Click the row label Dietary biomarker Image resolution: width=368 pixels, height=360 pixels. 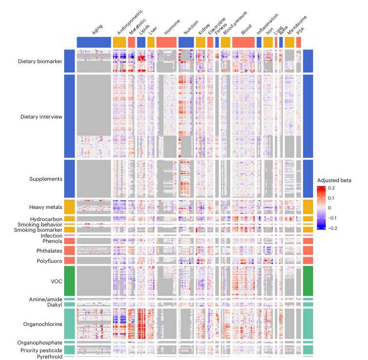[x=40, y=62]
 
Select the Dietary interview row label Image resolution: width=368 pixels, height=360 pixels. [x=41, y=117]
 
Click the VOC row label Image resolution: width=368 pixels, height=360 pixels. [x=55, y=281]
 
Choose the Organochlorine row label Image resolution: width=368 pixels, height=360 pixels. [x=43, y=324]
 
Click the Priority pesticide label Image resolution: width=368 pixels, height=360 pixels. [x=41, y=350]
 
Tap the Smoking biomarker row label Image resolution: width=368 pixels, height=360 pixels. [x=40, y=230]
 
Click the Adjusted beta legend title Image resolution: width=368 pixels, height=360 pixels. [x=334, y=180]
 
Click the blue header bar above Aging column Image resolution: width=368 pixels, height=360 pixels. [x=94, y=42]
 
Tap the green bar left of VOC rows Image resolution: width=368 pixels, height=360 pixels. [x=69, y=281]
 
